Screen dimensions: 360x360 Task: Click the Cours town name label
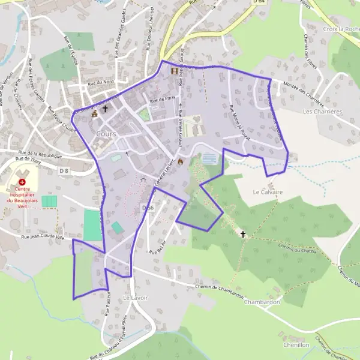pyautogui.click(x=106, y=134)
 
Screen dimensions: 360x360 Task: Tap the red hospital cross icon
pyautogui.click(x=23, y=181)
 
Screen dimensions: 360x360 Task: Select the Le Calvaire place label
pyautogui.click(x=268, y=192)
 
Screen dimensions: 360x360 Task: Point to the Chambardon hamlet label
pyautogui.click(x=262, y=302)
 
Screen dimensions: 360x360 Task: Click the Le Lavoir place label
pyautogui.click(x=135, y=298)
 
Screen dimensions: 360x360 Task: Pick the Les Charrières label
pyautogui.click(x=322, y=112)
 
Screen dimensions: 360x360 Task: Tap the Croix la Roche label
pyautogui.click(x=340, y=29)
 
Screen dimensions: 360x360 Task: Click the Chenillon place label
pyautogui.click(x=296, y=346)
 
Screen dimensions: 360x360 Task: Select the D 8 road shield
pyautogui.click(x=65, y=171)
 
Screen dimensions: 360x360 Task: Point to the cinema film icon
pyautogui.click(x=175, y=71)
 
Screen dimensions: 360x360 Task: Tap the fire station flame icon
pyautogui.click(x=180, y=161)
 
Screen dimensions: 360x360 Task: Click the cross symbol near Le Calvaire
pyautogui.click(x=243, y=234)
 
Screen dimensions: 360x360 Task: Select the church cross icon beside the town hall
pyautogui.click(x=106, y=109)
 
